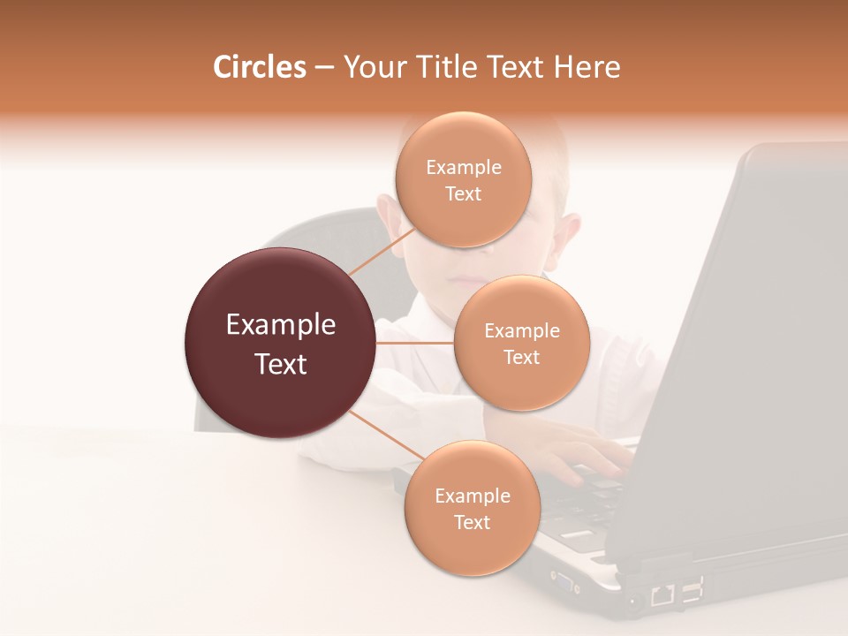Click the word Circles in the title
259,67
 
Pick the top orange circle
463,180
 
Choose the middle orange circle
521,343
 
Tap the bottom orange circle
472,509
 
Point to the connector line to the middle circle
415,342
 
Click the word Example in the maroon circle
281,325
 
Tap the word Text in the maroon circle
281,364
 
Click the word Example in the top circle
464,168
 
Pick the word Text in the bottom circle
472,522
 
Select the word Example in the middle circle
522,331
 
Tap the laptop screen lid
751,353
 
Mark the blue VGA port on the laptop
563,580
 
